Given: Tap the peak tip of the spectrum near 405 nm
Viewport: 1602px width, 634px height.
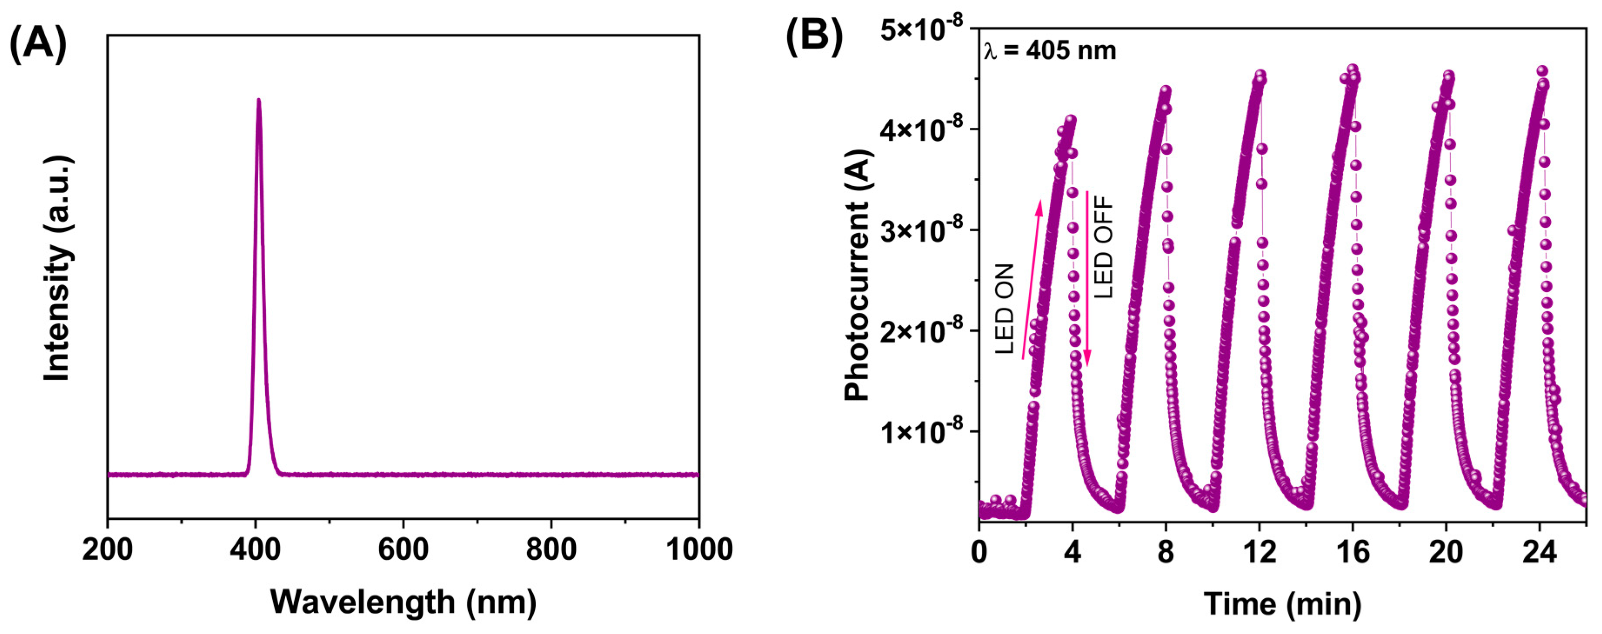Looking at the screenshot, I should coord(258,100).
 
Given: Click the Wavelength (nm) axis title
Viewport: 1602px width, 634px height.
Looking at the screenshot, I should coord(403,602).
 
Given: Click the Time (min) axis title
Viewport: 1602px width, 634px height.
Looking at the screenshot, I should coord(1282,603).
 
